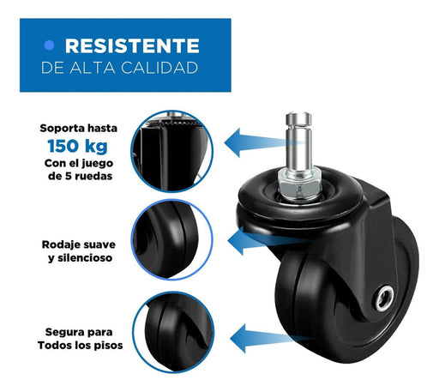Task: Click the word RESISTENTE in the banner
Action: point(132,45)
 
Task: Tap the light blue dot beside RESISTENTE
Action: point(49,45)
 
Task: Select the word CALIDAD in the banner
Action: point(159,68)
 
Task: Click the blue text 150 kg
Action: point(77,146)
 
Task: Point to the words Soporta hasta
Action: point(79,128)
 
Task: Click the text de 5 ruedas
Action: point(81,176)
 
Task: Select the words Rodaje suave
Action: point(79,244)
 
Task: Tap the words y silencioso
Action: point(81,258)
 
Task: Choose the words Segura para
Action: point(79,332)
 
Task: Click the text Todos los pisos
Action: point(81,345)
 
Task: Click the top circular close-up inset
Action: point(172,151)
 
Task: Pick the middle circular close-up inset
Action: point(172,239)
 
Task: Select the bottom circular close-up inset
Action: point(173,332)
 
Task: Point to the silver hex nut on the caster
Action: point(300,184)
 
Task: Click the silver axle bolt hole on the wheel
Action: point(384,299)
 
